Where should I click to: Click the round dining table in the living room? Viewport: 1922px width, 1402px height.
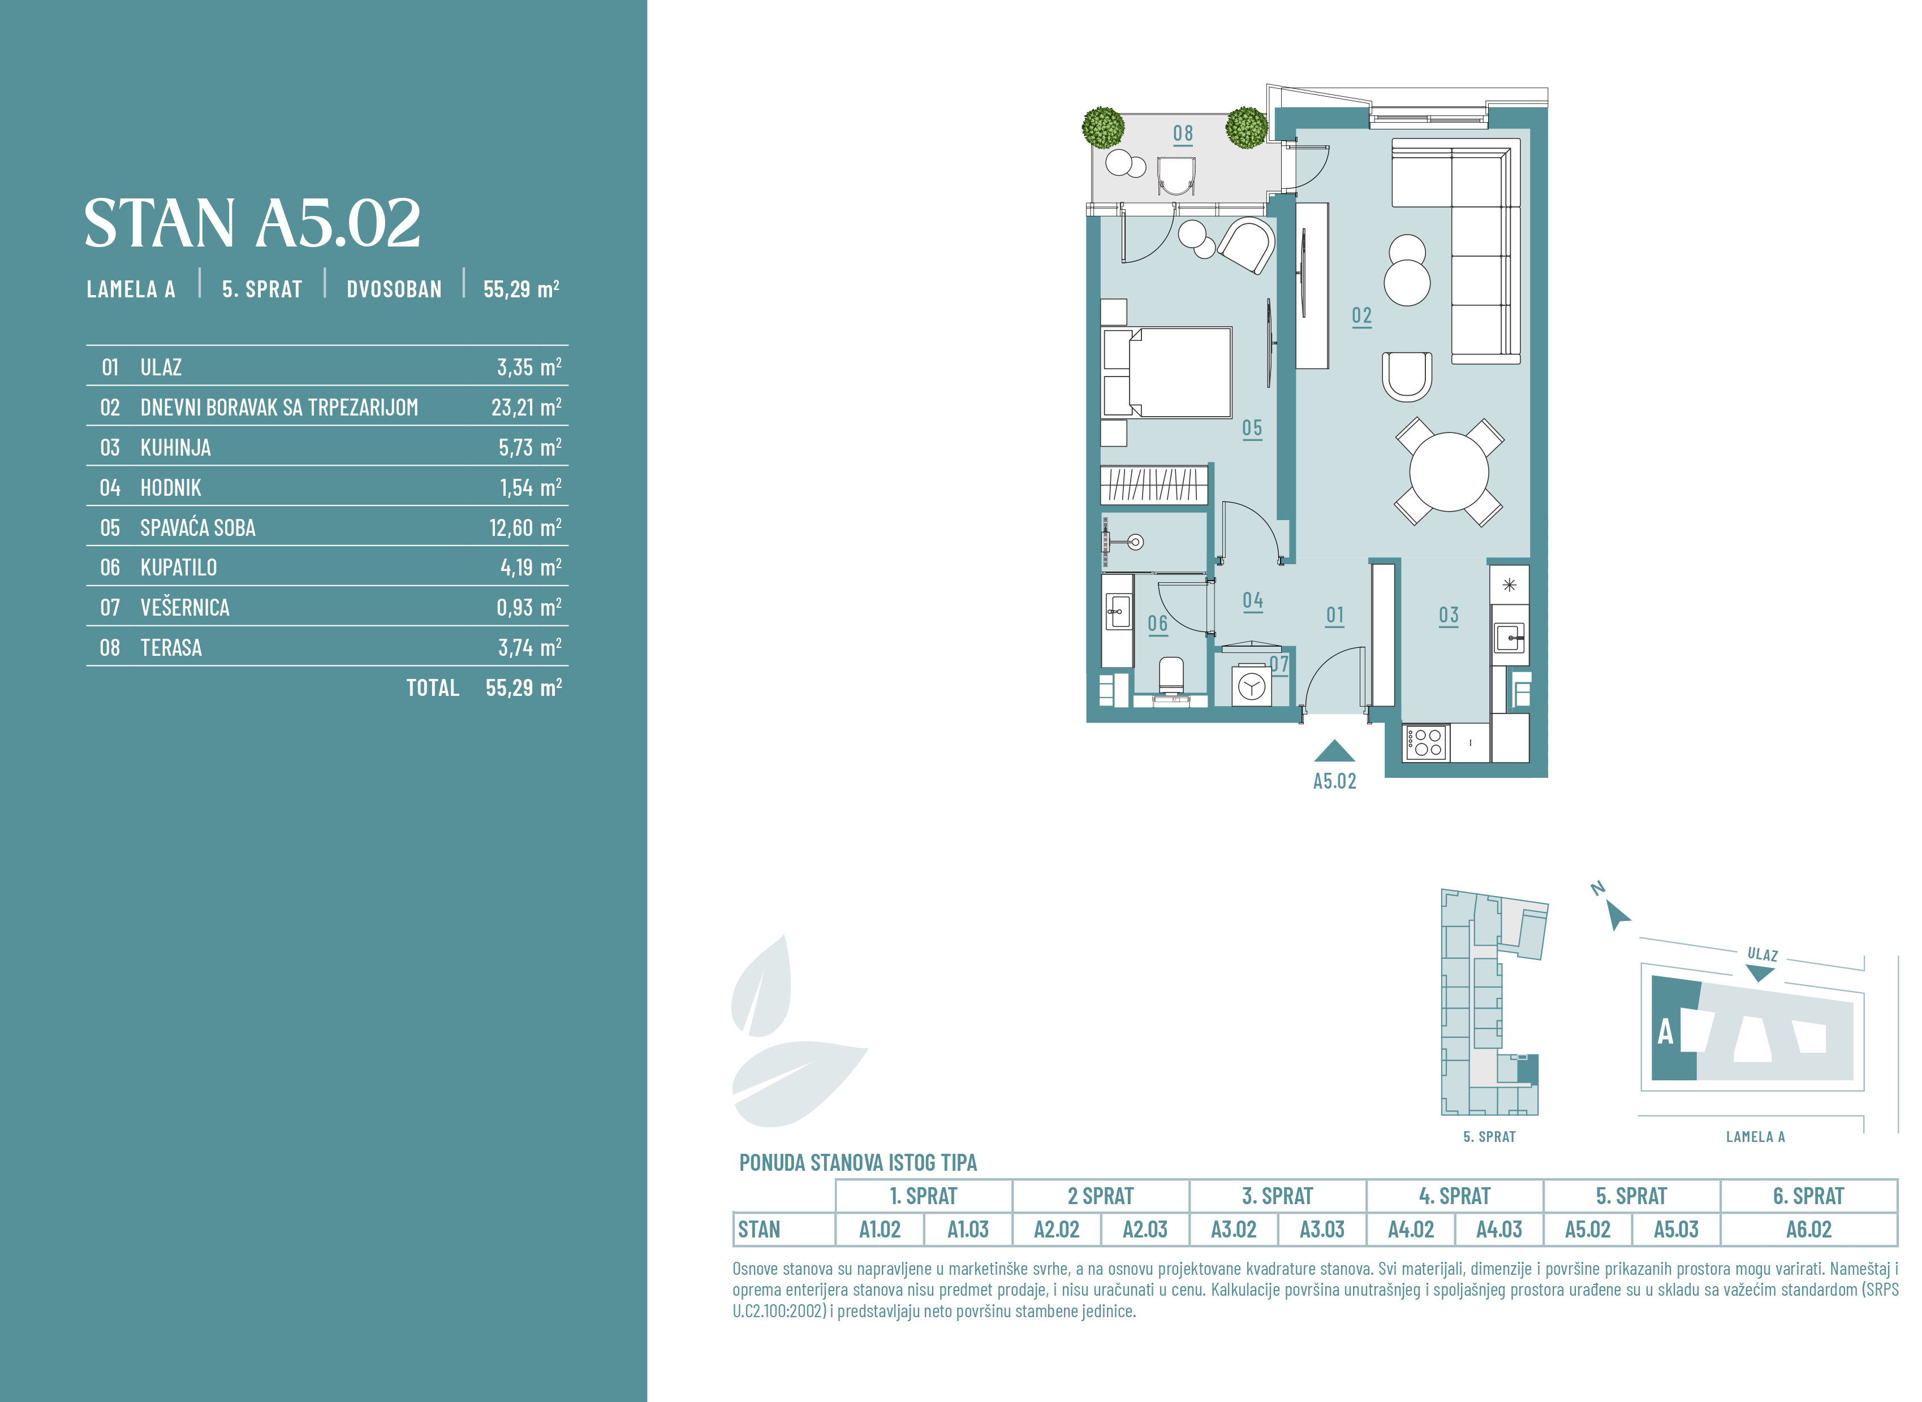1449,472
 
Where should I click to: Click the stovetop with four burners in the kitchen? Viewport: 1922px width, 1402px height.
1425,743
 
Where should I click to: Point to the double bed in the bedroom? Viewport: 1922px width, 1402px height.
1166,373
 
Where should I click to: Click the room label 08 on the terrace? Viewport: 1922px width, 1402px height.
1183,133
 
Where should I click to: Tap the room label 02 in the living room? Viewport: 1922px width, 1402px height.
1361,315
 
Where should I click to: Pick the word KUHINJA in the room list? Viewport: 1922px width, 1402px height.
176,447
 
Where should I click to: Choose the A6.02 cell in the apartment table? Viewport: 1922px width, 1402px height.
1808,1229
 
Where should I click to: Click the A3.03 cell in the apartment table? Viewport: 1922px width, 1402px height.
1322,1229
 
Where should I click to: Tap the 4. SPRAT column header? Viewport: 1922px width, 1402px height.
1454,1196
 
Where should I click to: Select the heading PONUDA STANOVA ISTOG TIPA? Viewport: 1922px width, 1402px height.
857,1162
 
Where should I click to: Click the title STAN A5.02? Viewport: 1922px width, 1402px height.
252,223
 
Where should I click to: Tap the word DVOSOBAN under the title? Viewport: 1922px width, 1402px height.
394,289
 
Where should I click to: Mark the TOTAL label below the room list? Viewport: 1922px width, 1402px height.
432,687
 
